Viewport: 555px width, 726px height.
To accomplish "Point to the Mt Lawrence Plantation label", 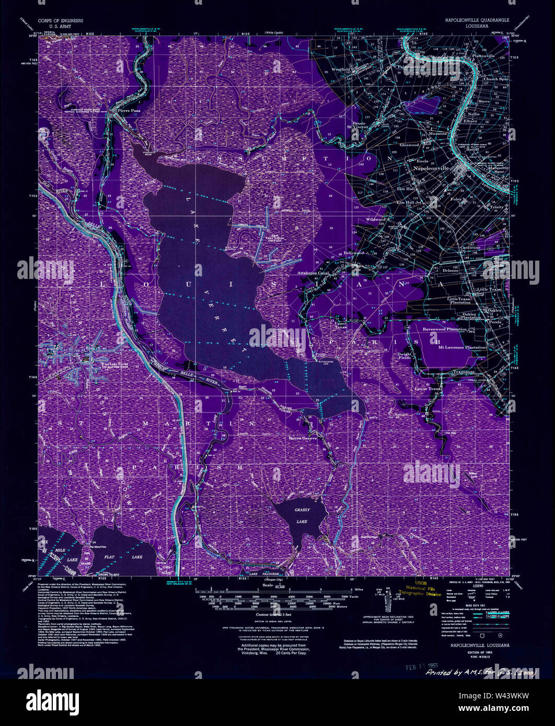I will pyautogui.click(x=461, y=347).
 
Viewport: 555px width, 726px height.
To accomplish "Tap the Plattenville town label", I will pyautogui.click(x=483, y=56).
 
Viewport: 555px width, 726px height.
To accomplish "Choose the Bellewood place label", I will pyautogui.click(x=353, y=253).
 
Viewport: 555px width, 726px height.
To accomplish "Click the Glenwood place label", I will pyautogui.click(x=409, y=145).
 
